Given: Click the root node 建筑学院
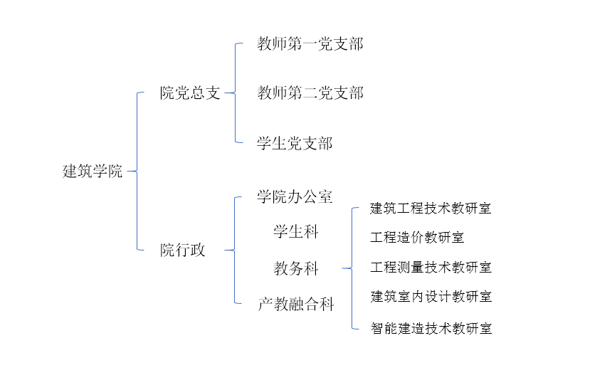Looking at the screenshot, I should point(93,172).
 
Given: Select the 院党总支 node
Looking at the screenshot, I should point(190,93).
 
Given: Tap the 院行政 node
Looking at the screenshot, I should point(182,250).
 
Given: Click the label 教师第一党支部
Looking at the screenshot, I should point(310,44).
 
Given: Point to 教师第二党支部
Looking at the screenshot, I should point(310,93).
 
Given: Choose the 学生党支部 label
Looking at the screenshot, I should point(295,144).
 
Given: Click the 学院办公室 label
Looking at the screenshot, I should point(295,197).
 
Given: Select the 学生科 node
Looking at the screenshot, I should point(296,231).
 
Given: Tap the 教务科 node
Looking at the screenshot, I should point(296,268).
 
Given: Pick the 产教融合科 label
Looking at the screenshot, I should point(295,305).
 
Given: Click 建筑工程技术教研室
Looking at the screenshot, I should point(431,209).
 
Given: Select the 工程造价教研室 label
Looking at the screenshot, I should point(417,238).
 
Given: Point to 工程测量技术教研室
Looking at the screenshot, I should point(431,268).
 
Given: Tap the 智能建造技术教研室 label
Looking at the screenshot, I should point(431,328).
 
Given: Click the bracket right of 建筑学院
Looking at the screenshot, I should point(137,172).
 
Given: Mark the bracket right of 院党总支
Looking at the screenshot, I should point(235,93).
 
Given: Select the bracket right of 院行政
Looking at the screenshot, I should point(235,250).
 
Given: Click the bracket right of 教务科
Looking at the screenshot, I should point(352,268).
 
